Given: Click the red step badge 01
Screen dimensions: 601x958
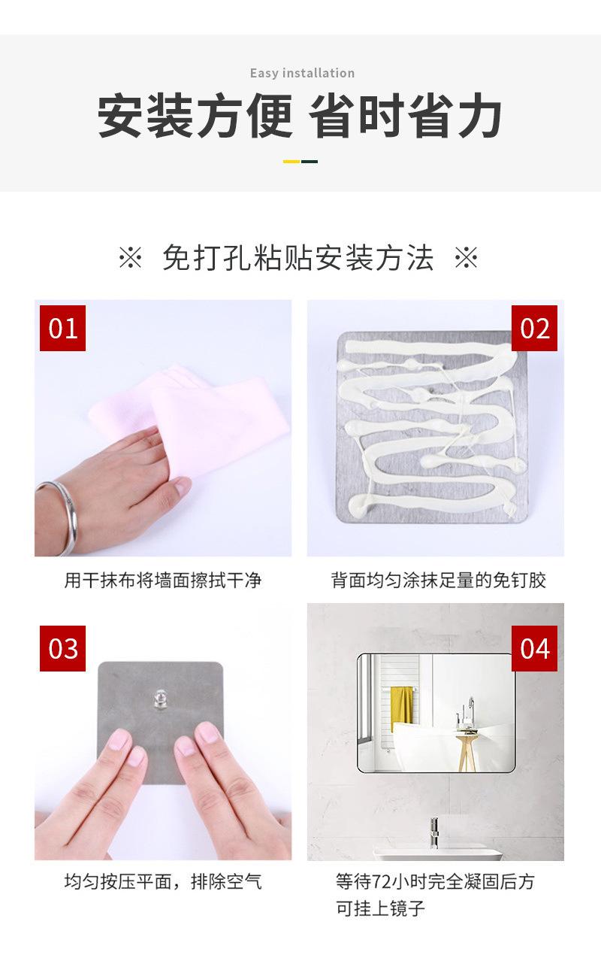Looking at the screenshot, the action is click(63, 328).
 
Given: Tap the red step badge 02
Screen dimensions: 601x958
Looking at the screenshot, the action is click(534, 328).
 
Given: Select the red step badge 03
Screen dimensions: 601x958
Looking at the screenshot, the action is click(63, 648).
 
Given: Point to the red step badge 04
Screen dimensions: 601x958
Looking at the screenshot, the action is click(534, 648).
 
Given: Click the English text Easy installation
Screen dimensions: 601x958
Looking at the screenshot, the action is click(302, 73).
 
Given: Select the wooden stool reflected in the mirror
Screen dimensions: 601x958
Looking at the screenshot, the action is click(466, 751).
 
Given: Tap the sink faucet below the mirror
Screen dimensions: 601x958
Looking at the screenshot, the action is click(434, 832).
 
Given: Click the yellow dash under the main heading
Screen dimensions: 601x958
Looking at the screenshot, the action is click(291, 162).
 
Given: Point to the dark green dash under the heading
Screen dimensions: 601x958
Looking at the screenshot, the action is click(310, 162).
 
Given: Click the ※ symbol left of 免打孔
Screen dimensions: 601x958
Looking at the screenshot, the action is click(130, 257).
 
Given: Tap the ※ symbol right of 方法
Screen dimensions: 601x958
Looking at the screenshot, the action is click(467, 257).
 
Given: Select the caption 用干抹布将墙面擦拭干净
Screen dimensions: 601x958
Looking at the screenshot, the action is click(163, 581).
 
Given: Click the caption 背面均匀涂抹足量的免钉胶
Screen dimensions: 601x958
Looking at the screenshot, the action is click(438, 581).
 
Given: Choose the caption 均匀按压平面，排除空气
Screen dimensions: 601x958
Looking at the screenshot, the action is click(163, 881).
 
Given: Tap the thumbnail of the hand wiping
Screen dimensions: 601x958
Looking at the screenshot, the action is click(163, 428).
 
